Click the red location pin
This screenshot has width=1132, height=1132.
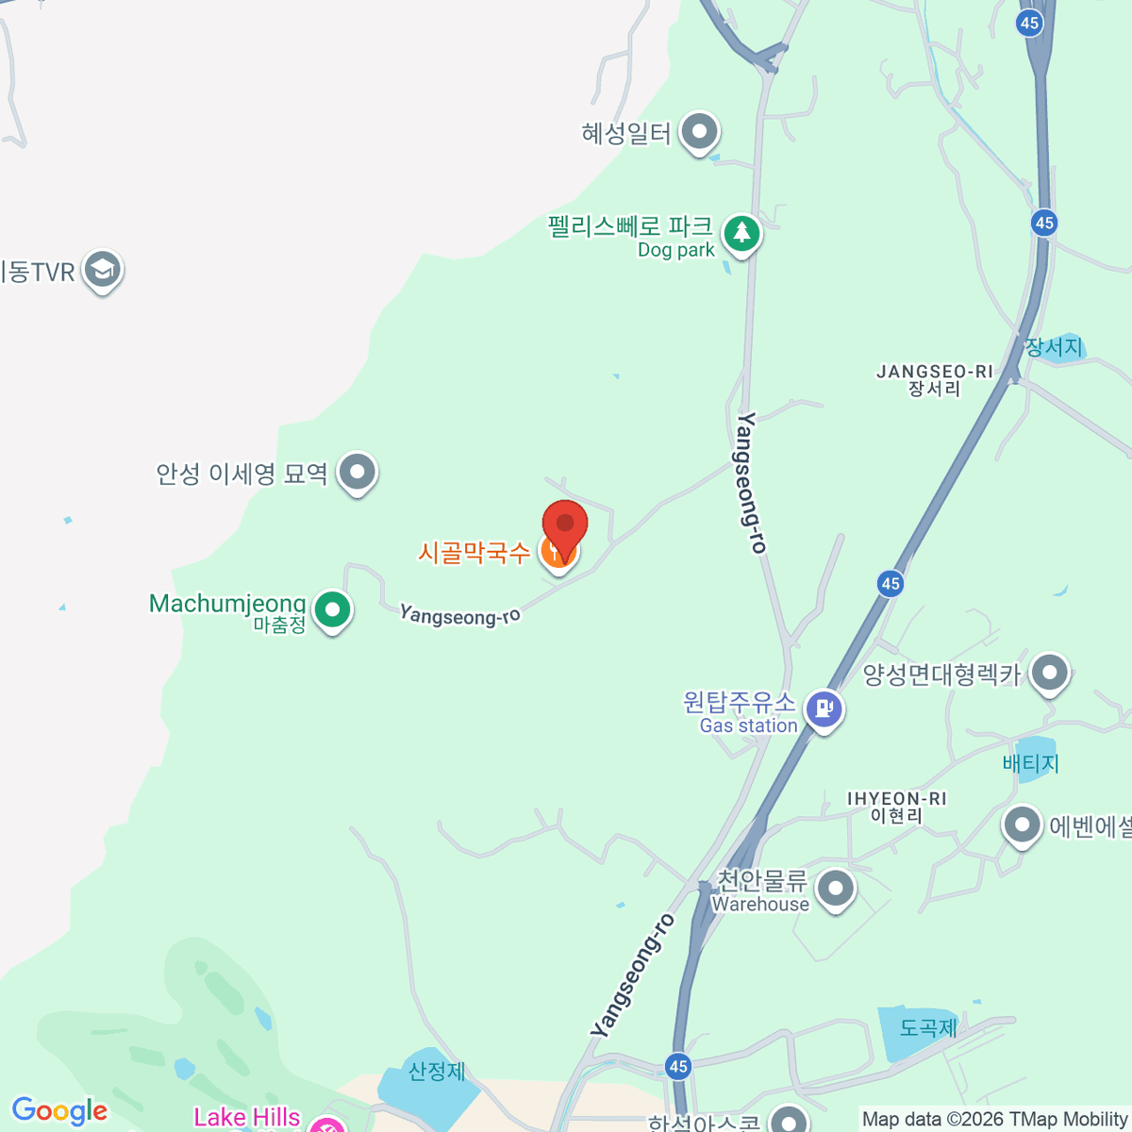pos(565,524)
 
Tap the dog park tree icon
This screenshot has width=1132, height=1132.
pos(741,232)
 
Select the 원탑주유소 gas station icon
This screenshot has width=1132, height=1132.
pos(824,707)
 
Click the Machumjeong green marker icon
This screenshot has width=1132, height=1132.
pos(332,609)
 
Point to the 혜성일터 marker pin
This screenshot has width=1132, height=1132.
pos(699,132)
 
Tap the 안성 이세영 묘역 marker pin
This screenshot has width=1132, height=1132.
pos(358,472)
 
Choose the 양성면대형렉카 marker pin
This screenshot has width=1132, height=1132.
pos(1049,674)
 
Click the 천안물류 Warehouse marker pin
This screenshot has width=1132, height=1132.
pos(835,888)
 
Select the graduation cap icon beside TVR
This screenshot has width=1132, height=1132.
pos(102,271)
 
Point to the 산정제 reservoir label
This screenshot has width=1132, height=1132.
pos(437,1072)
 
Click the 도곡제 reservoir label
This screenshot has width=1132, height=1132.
pos(928,1027)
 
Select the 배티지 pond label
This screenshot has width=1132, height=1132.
pos(1031,763)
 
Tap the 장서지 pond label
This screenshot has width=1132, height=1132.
pos(1054,347)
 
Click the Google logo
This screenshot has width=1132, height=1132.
pos(59,1111)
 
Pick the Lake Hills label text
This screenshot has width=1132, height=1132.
pos(247,1118)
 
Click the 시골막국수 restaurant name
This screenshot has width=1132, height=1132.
pos(474,552)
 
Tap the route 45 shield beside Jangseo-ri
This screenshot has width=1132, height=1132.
pos(1043,223)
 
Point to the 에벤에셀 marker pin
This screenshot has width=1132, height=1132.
pos(1022,825)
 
